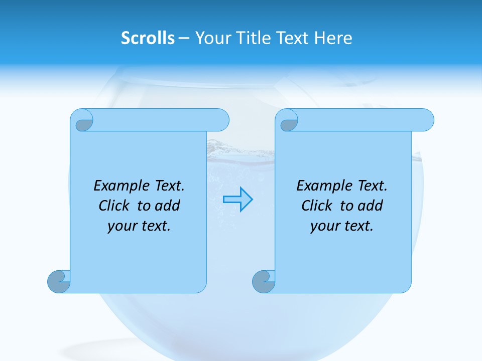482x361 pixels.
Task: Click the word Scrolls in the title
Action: [148, 38]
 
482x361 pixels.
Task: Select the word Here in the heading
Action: [333, 38]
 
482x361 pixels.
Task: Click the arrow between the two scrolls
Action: [237, 199]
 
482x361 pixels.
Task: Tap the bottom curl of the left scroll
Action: [59, 282]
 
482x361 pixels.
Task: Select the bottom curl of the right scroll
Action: [263, 282]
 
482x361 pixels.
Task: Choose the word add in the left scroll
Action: [167, 206]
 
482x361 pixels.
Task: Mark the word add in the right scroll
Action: [370, 206]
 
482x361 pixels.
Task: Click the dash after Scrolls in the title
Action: [184, 38]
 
